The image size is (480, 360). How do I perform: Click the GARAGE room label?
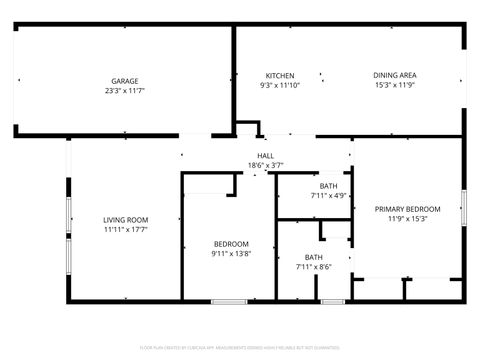coord(125,81)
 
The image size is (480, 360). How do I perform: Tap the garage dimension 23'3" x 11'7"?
coord(125,91)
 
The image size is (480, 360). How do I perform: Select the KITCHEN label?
coord(279,76)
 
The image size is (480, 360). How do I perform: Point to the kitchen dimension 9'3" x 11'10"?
coord(279,86)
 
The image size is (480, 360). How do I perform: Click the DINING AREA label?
coord(395,76)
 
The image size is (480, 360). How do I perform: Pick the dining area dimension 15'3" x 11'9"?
coord(395,86)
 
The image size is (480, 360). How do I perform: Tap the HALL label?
coord(266,155)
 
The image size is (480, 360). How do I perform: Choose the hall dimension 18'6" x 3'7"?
coord(266,165)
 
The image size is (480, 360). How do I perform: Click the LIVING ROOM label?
coord(125,220)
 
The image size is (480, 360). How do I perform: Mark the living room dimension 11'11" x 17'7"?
coord(125,230)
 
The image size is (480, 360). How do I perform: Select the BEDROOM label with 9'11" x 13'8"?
coord(231,244)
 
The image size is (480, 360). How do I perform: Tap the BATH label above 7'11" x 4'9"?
coord(328,186)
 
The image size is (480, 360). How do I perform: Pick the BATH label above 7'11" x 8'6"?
coord(314,258)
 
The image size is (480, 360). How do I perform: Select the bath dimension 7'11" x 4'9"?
coord(328,196)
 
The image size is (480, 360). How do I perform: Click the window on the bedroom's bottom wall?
coord(229,301)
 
